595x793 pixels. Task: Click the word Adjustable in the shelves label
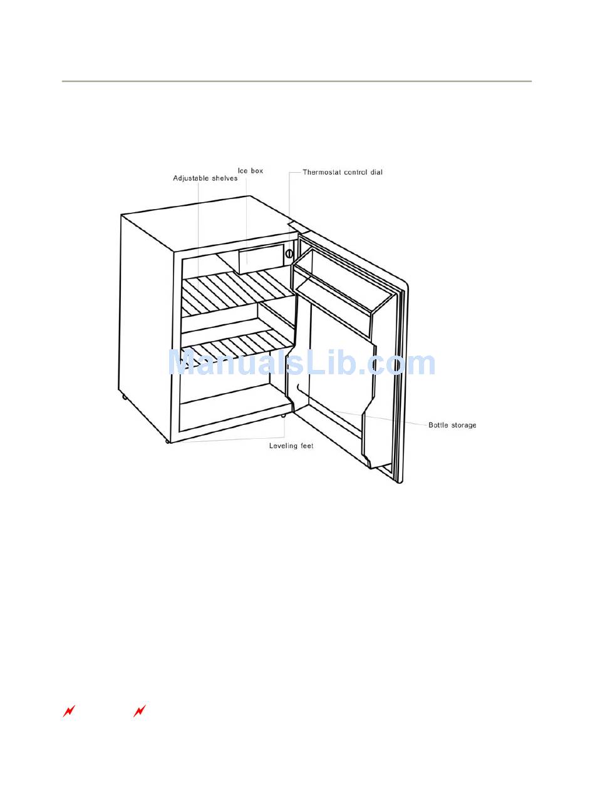(191, 178)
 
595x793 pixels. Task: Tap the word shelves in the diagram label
(224, 178)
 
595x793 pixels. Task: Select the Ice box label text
(250, 171)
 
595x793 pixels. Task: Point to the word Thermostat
(322, 172)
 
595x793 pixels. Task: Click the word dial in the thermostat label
(375, 172)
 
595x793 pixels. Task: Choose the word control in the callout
(355, 172)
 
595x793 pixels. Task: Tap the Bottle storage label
(452, 426)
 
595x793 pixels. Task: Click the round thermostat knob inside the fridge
(289, 253)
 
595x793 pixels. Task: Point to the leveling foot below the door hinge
(284, 415)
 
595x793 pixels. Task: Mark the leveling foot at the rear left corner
(125, 397)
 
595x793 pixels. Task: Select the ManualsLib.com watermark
(302, 364)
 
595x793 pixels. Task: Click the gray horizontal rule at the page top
(296, 81)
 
